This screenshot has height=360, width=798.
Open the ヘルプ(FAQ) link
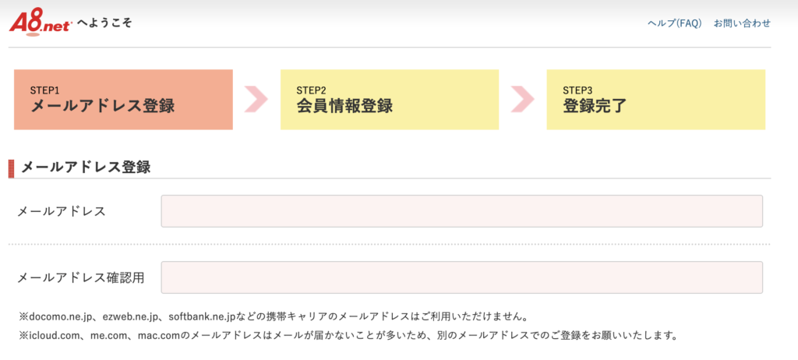click(674, 23)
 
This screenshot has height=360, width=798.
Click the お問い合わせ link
click(742, 23)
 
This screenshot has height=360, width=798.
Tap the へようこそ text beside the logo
click(105, 23)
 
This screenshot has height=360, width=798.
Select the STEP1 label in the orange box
click(44, 90)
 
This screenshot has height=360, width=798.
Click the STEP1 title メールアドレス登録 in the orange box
click(103, 107)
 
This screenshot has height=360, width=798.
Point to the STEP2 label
click(312, 90)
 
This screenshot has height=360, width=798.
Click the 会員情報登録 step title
click(344, 107)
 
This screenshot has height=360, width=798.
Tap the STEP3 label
click(577, 90)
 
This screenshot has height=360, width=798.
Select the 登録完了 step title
click(595, 107)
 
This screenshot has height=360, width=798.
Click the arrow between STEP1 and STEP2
click(256, 99)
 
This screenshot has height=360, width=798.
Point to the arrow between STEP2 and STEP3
click(523, 99)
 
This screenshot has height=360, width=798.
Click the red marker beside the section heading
click(11, 168)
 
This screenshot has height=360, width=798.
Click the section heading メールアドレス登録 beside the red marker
click(86, 167)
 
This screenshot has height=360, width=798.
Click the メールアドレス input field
click(461, 211)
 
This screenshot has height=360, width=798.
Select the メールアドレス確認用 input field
click(461, 277)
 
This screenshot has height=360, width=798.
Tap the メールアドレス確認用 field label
click(81, 278)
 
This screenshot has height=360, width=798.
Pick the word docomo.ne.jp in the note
click(59, 316)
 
